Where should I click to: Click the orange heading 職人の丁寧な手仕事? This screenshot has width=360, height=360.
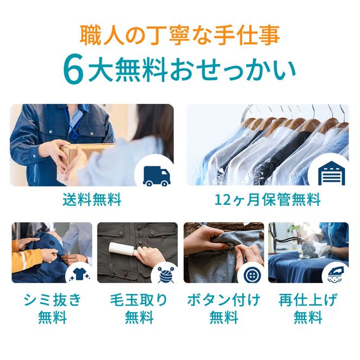(x=179, y=36)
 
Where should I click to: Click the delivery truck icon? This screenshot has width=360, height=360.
(x=156, y=175)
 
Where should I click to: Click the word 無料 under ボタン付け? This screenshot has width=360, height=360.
(x=223, y=318)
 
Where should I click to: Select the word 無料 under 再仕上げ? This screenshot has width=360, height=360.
(x=308, y=318)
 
